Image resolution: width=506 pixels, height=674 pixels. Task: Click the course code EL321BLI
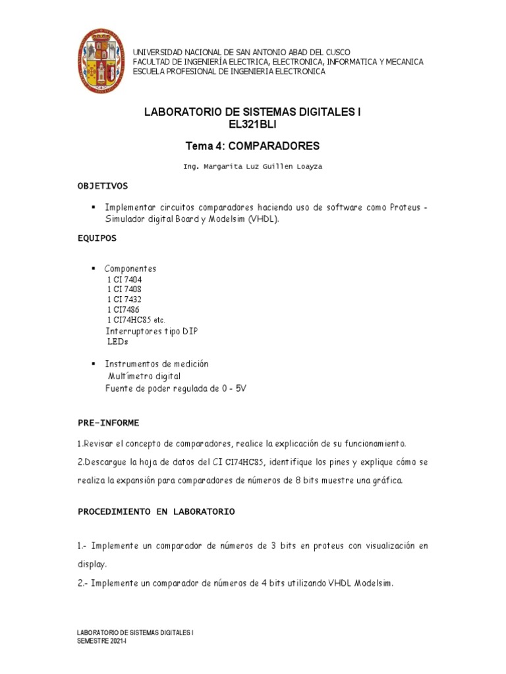252,124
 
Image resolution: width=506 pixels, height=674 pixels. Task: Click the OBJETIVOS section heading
103,186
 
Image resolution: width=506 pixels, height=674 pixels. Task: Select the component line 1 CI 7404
124,279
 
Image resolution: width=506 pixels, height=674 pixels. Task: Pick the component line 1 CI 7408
124,289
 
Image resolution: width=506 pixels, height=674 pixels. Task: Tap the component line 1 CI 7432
124,299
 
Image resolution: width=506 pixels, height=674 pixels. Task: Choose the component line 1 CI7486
123,309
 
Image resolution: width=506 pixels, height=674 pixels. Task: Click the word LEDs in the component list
118,342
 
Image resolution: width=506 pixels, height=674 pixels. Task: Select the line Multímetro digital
144,376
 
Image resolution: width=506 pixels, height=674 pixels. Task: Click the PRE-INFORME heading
109,422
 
